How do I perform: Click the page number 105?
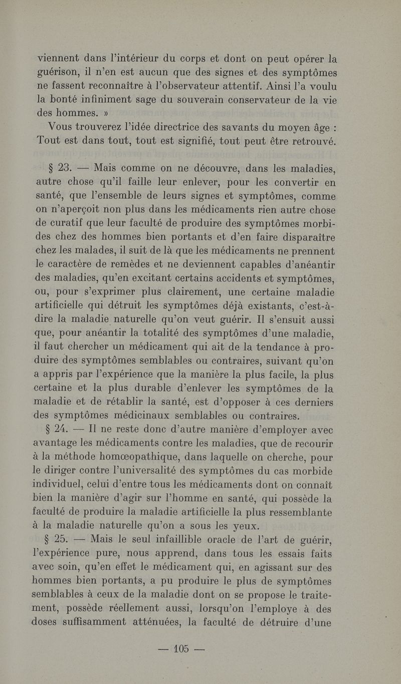[180, 649]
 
